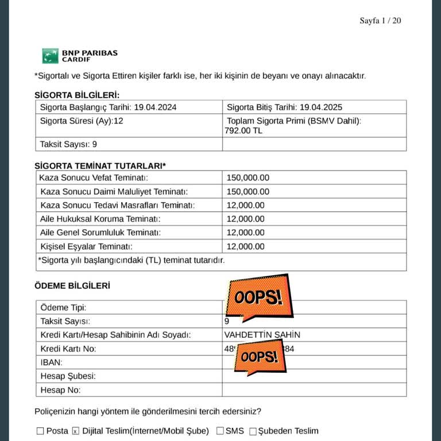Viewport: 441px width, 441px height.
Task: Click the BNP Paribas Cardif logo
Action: point(80,56)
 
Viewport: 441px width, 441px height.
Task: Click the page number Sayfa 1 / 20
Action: point(380,21)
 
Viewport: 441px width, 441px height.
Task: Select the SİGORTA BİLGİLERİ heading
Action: point(77,95)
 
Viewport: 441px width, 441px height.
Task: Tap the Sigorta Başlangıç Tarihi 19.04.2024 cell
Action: point(108,107)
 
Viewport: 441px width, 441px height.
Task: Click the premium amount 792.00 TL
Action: point(243,131)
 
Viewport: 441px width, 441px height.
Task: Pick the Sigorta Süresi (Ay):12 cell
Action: point(82,121)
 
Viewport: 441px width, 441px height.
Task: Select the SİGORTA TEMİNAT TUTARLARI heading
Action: point(100,165)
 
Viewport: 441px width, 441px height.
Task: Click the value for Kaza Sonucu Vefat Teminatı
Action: point(248,178)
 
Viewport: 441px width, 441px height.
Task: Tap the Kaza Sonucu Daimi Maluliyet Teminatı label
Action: point(114,192)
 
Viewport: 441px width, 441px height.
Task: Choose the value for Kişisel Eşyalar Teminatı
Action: point(246,247)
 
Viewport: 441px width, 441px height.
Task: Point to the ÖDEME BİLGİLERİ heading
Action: point(72,285)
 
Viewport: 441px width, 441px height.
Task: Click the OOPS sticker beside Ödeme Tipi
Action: point(259,297)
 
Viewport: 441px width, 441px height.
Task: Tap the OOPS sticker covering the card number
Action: point(259,357)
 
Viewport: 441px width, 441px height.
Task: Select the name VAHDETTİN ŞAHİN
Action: point(262,335)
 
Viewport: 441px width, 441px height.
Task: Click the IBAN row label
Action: point(52,363)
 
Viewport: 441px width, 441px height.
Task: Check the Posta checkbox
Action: point(40,431)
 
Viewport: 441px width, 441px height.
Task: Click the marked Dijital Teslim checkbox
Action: point(75,431)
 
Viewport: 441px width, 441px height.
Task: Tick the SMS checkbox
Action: point(220,431)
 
